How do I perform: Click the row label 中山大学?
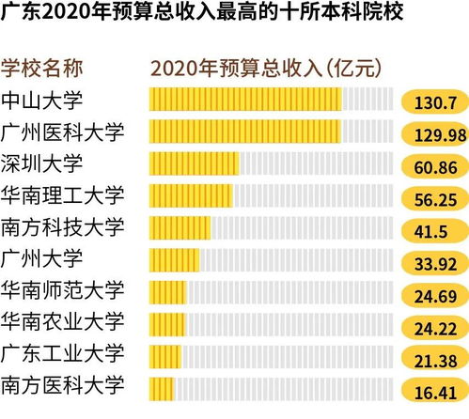pyautogui.click(x=42, y=100)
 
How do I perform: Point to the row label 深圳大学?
pyautogui.click(x=42, y=163)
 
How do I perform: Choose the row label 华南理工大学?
pyautogui.click(x=62, y=195)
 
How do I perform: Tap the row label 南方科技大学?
pyautogui.click(x=62, y=227)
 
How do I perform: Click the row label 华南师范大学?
pyautogui.click(x=62, y=290)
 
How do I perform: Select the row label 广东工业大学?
pyautogui.click(x=62, y=354)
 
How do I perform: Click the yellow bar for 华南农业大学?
pyautogui.click(x=167, y=324)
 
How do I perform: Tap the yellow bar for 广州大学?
pyautogui.click(x=174, y=259)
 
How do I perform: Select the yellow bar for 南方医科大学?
pyautogui.click(x=162, y=387)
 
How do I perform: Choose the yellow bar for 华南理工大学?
pyautogui.click(x=191, y=195)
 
